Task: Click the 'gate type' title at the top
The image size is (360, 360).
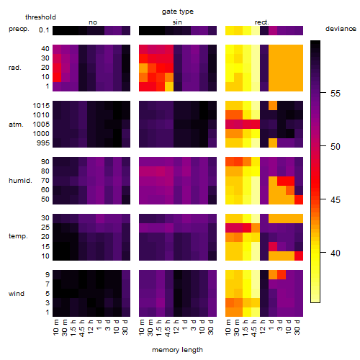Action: click(178, 12)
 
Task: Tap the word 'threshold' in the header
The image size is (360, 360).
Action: click(40, 17)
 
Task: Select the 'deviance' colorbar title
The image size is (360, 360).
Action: click(341, 29)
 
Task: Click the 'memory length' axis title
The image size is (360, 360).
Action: click(177, 350)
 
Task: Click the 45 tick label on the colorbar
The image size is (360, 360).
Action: click(336, 199)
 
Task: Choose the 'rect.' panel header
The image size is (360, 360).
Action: click(262, 22)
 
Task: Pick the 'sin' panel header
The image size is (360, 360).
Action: click(177, 22)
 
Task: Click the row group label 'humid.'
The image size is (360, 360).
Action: click(20, 181)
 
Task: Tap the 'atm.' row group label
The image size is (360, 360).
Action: click(16, 125)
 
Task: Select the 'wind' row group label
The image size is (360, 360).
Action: click(17, 294)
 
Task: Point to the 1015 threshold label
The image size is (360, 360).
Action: click(41, 106)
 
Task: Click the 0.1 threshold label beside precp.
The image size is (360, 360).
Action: click(44, 30)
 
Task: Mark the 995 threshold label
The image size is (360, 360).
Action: click(43, 143)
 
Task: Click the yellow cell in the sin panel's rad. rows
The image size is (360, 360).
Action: click(169, 86)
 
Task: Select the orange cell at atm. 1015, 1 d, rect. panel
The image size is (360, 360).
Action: click(273, 106)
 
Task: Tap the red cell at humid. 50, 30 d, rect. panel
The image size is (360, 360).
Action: click(299, 199)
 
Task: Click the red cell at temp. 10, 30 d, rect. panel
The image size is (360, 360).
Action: click(299, 256)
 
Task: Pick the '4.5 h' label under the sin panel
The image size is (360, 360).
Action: click(167, 328)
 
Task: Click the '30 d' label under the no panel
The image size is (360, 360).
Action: click(125, 328)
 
